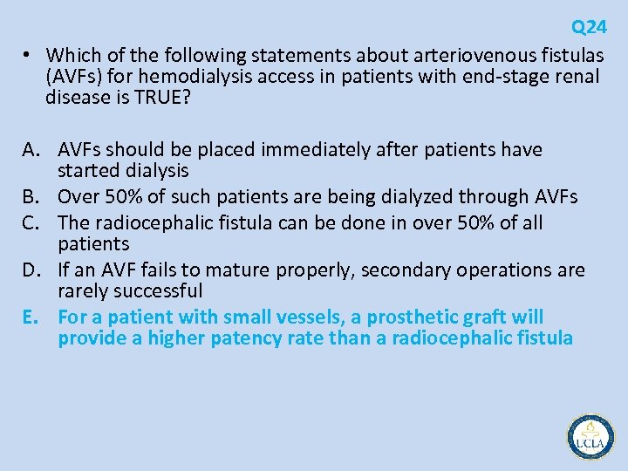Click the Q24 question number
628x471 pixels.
[x=589, y=27]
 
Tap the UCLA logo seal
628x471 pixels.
[x=590, y=437]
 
